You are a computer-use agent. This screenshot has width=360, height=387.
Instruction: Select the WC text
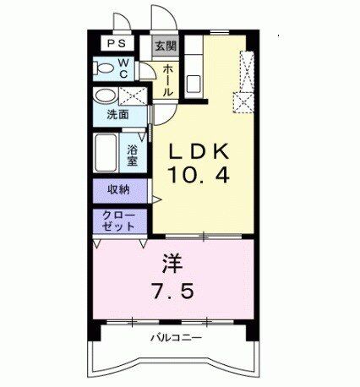[123, 67]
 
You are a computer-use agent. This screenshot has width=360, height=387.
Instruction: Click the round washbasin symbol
[105, 95]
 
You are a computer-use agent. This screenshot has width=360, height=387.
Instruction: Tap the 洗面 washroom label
[117, 114]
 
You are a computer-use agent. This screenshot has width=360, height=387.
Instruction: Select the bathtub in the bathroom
[107, 152]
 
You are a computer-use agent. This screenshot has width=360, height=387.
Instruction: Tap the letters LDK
[199, 153]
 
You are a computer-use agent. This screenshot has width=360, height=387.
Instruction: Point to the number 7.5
[174, 292]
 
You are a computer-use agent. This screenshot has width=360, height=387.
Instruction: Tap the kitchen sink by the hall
[194, 84]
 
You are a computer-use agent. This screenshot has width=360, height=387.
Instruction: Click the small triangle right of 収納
[155, 199]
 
